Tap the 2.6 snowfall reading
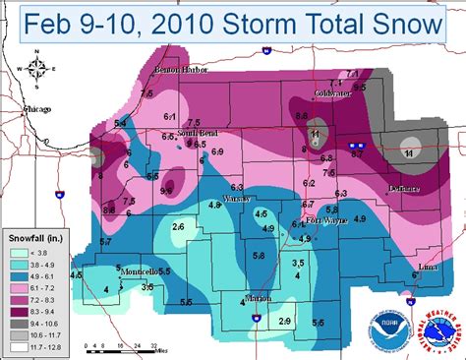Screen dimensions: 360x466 pyautogui.click(x=178, y=227)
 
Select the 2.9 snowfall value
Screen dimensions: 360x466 pyautogui.click(x=285, y=322)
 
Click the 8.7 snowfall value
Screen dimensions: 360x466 pyautogui.click(x=357, y=154)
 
